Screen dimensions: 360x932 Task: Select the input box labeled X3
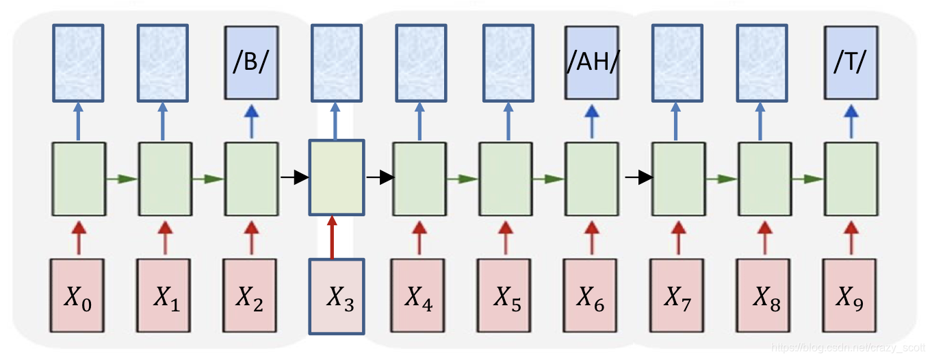click(337, 296)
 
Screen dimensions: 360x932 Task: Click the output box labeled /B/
click(251, 61)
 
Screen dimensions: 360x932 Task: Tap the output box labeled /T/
click(851, 61)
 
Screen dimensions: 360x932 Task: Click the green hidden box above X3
click(337, 178)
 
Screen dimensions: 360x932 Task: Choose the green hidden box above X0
click(79, 179)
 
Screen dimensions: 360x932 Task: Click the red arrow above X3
click(333, 237)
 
